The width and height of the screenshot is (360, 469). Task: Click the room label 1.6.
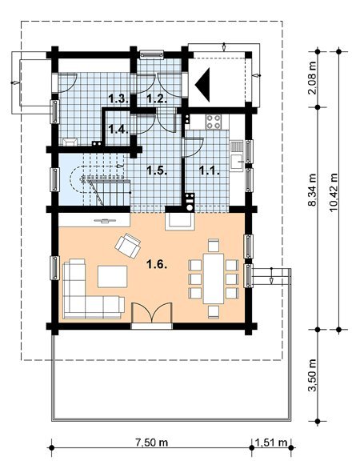tap(156, 264)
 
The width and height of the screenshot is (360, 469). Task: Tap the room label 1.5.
tap(157, 170)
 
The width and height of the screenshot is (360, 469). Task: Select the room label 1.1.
tap(210, 170)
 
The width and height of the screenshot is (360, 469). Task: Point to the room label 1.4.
tap(118, 130)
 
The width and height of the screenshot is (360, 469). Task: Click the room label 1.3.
tap(118, 98)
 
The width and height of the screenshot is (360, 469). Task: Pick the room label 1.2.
tap(157, 98)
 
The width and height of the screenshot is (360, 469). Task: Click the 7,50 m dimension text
tap(151, 442)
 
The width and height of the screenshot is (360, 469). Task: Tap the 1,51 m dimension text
tap(271, 442)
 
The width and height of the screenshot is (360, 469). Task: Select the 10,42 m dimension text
tap(333, 192)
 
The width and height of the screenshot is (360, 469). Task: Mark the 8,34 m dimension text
tap(313, 190)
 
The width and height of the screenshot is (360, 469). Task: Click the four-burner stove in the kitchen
tap(213, 122)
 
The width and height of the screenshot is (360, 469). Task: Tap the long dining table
tap(213, 279)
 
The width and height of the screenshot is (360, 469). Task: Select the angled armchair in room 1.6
tap(128, 246)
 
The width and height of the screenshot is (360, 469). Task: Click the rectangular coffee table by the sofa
tap(113, 276)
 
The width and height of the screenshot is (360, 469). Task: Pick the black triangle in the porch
tap(202, 85)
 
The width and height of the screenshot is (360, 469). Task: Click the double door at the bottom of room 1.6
tap(152, 313)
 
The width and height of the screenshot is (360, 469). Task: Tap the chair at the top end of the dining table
tap(213, 245)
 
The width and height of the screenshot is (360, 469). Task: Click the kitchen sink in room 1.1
tap(237, 162)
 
